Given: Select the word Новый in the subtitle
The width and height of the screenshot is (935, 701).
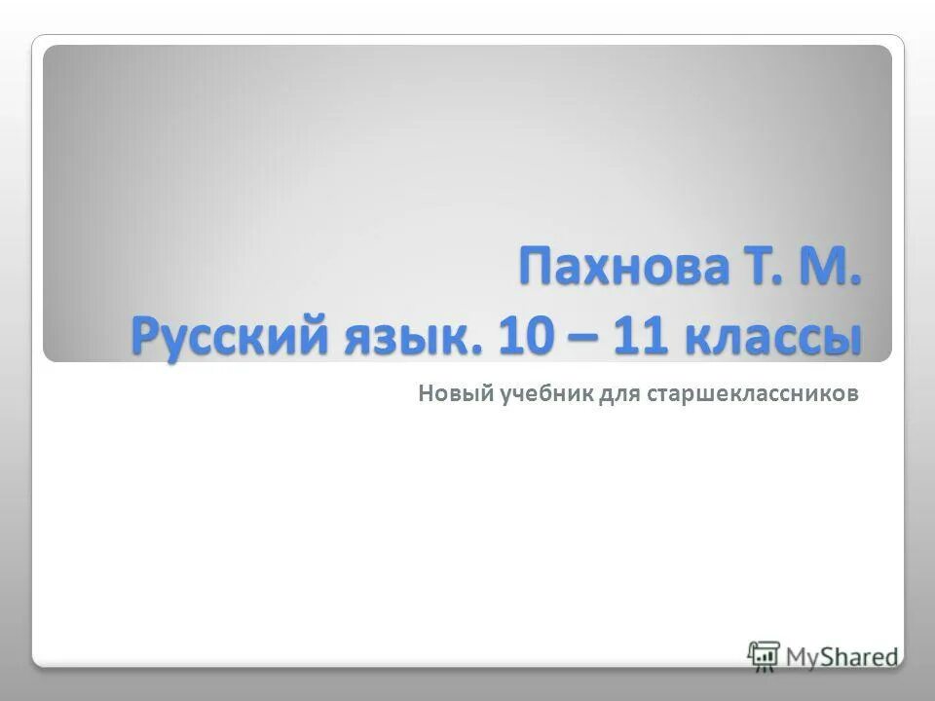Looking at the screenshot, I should click(445, 393).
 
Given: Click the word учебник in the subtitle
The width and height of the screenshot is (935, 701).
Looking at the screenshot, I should click(536, 394).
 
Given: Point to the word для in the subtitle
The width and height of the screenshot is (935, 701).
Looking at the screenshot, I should click(614, 394).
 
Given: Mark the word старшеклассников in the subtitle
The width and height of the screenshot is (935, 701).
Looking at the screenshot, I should click(750, 394).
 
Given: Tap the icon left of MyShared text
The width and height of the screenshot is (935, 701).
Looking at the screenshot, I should click(765, 654).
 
